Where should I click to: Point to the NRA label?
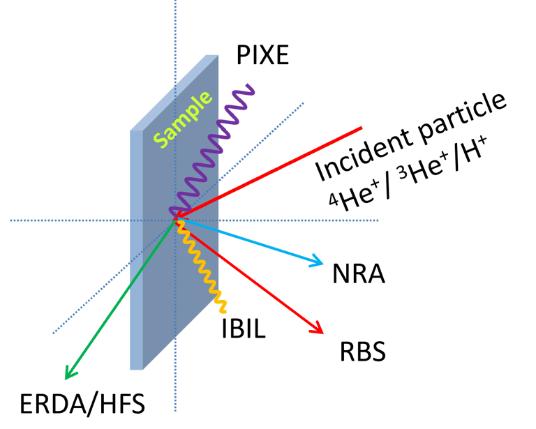pos(359,273)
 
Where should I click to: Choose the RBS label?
pos(363,351)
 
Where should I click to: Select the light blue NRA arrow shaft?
pos(251,242)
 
